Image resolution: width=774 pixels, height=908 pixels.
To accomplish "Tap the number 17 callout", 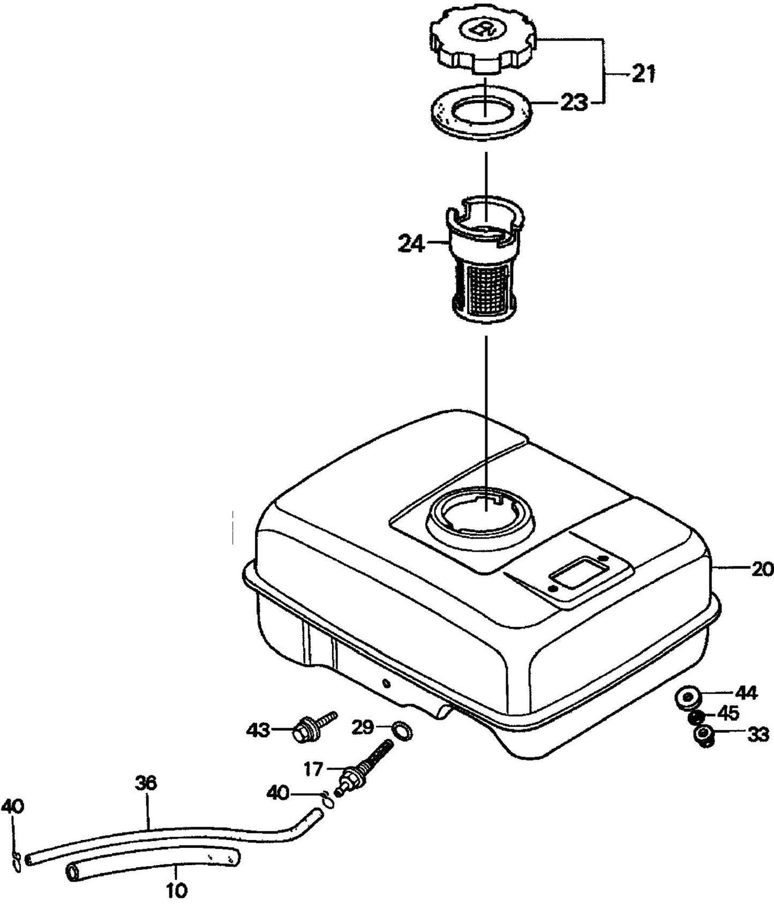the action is click(313, 769).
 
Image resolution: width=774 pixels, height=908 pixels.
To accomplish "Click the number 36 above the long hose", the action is click(146, 783).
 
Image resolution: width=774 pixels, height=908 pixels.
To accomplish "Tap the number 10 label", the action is click(177, 891).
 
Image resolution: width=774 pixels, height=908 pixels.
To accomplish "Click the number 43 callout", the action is click(258, 730).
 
